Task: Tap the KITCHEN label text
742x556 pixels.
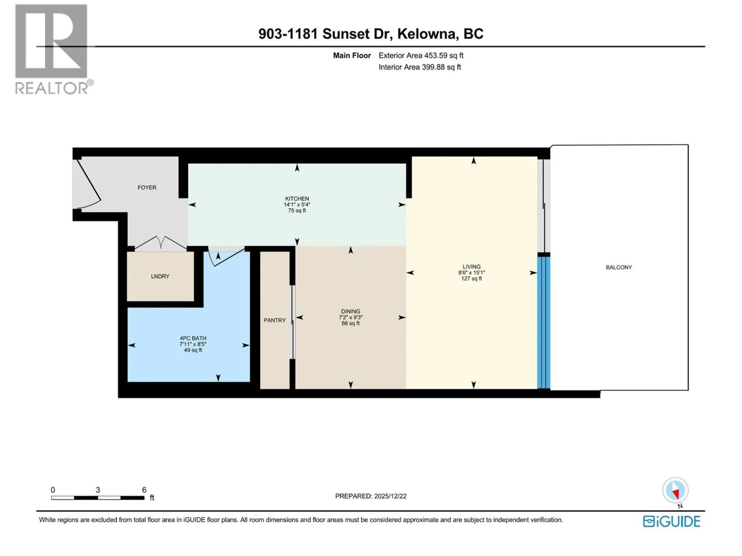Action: click(x=297, y=199)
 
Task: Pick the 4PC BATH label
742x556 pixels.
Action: click(x=193, y=338)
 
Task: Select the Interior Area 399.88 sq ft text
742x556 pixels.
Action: click(x=420, y=67)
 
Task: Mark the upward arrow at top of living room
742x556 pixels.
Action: click(x=473, y=161)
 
